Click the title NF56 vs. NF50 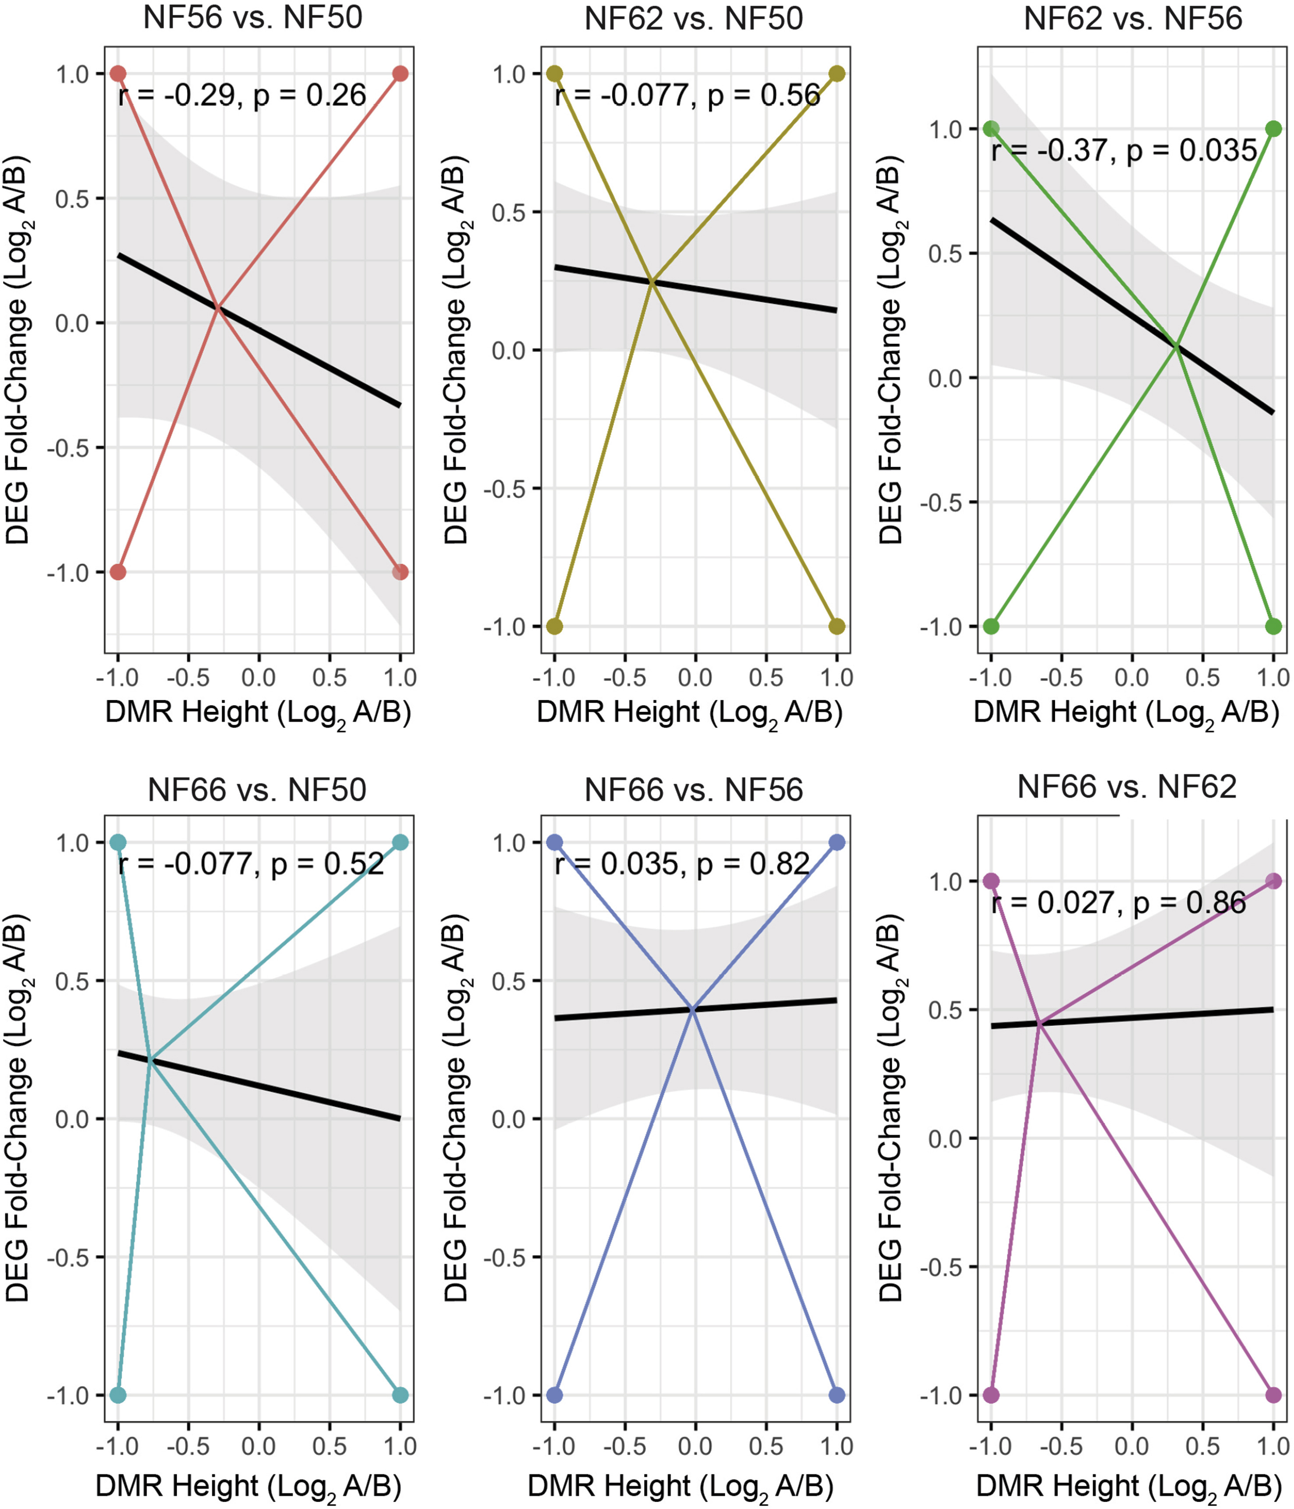point(253,18)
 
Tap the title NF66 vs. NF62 point(1127,787)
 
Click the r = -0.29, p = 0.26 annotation point(242,96)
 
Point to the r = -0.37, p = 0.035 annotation point(1124,151)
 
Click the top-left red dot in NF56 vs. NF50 point(118,74)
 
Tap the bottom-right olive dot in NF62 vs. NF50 point(837,626)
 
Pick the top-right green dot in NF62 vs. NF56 point(1273,129)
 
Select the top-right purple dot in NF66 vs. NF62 point(1273,881)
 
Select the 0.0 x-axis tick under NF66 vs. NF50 point(259,1445)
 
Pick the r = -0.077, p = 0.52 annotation point(251,864)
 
